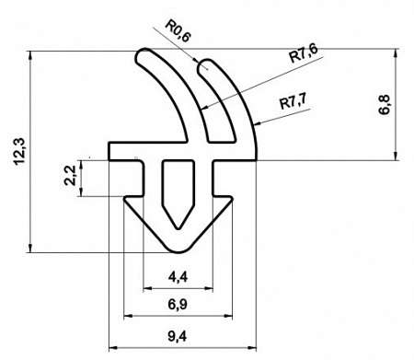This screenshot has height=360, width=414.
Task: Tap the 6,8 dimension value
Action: click(x=385, y=105)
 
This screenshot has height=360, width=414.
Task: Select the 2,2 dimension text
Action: click(x=70, y=175)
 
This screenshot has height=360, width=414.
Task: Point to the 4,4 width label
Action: click(x=178, y=277)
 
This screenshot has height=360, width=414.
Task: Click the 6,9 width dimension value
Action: click(x=178, y=305)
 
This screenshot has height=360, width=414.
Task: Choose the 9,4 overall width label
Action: click(x=178, y=337)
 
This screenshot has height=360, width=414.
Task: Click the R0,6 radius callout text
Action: click(x=178, y=29)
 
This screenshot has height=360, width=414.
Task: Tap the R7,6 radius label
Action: click(x=304, y=53)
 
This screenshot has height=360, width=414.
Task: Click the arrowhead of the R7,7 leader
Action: click(x=257, y=124)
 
